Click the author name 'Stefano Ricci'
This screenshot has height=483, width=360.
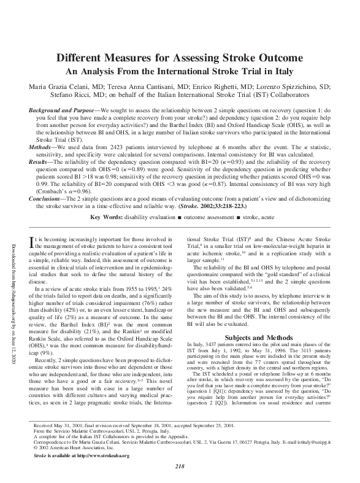[x=71, y=95]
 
